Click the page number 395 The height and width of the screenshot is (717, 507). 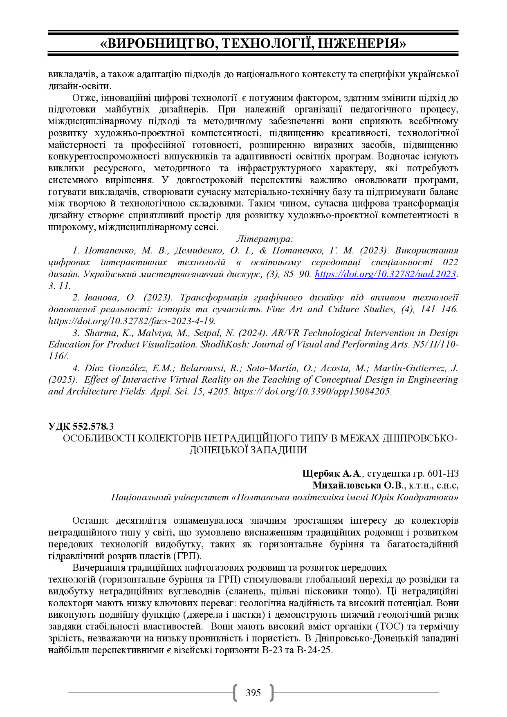pos(253,692)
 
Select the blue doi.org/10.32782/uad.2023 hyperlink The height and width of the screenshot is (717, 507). pos(385,274)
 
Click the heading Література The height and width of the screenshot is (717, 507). pos(265,239)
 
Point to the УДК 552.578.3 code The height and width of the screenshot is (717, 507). pos(81,426)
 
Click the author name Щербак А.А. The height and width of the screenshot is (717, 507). pos(332,473)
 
